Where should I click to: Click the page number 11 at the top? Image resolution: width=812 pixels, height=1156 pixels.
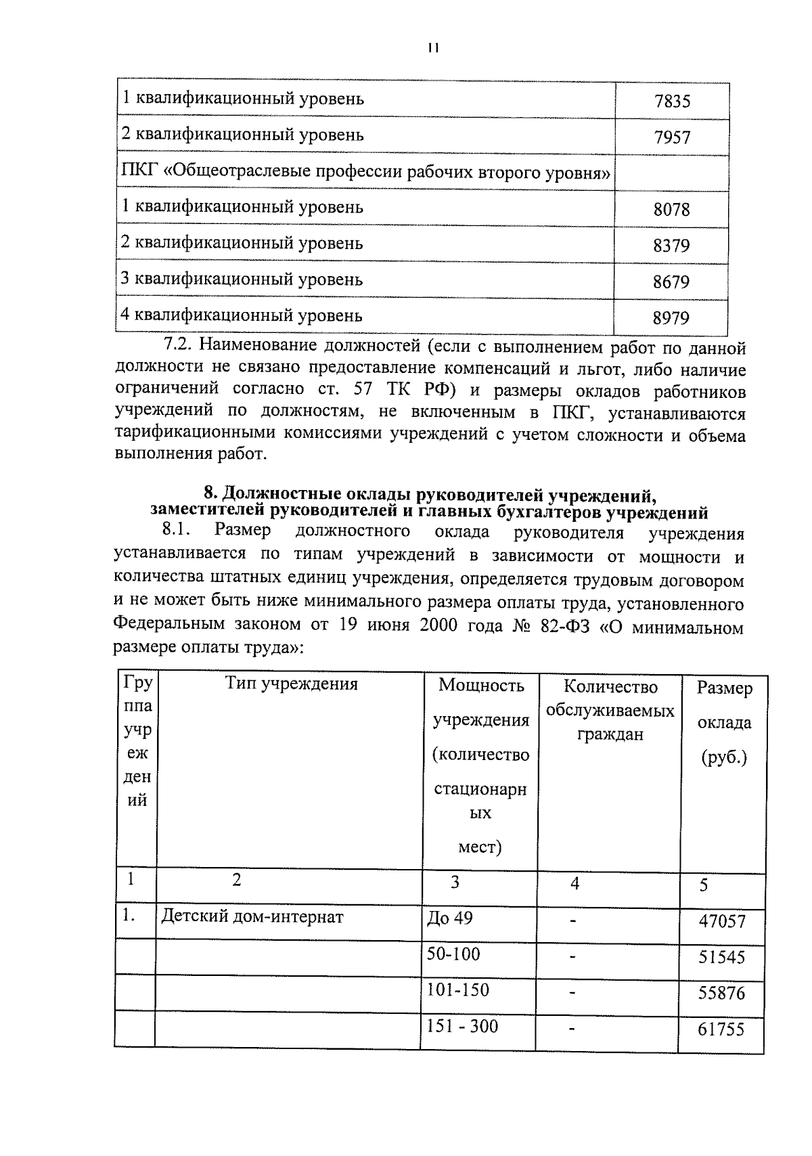coord(433,48)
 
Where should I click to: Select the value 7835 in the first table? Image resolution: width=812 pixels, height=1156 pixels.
coord(672,102)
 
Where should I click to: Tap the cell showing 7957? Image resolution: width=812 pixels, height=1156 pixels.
coord(672,138)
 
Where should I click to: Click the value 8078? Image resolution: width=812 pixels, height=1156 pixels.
coord(671,210)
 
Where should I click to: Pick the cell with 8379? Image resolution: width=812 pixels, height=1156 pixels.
coord(671,246)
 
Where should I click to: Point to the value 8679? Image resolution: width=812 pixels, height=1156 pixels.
coord(671,282)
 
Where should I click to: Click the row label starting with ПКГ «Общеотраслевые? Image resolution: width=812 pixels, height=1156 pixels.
coord(365,173)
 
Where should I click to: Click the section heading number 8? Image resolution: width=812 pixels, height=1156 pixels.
coord(210,491)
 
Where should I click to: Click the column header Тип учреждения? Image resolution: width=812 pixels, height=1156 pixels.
coord(291,684)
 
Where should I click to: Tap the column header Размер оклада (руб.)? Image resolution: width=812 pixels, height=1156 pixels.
coord(724,722)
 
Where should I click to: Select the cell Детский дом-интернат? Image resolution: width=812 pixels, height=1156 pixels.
coord(252,917)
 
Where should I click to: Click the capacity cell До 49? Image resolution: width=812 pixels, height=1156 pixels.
coord(449,918)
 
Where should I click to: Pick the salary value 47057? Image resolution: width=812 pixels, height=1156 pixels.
coord(721,922)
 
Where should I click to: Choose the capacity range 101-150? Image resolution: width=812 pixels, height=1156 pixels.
coord(457,990)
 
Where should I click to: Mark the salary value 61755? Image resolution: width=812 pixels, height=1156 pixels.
coord(721,1030)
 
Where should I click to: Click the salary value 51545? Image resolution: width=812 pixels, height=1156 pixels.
coord(721,958)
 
